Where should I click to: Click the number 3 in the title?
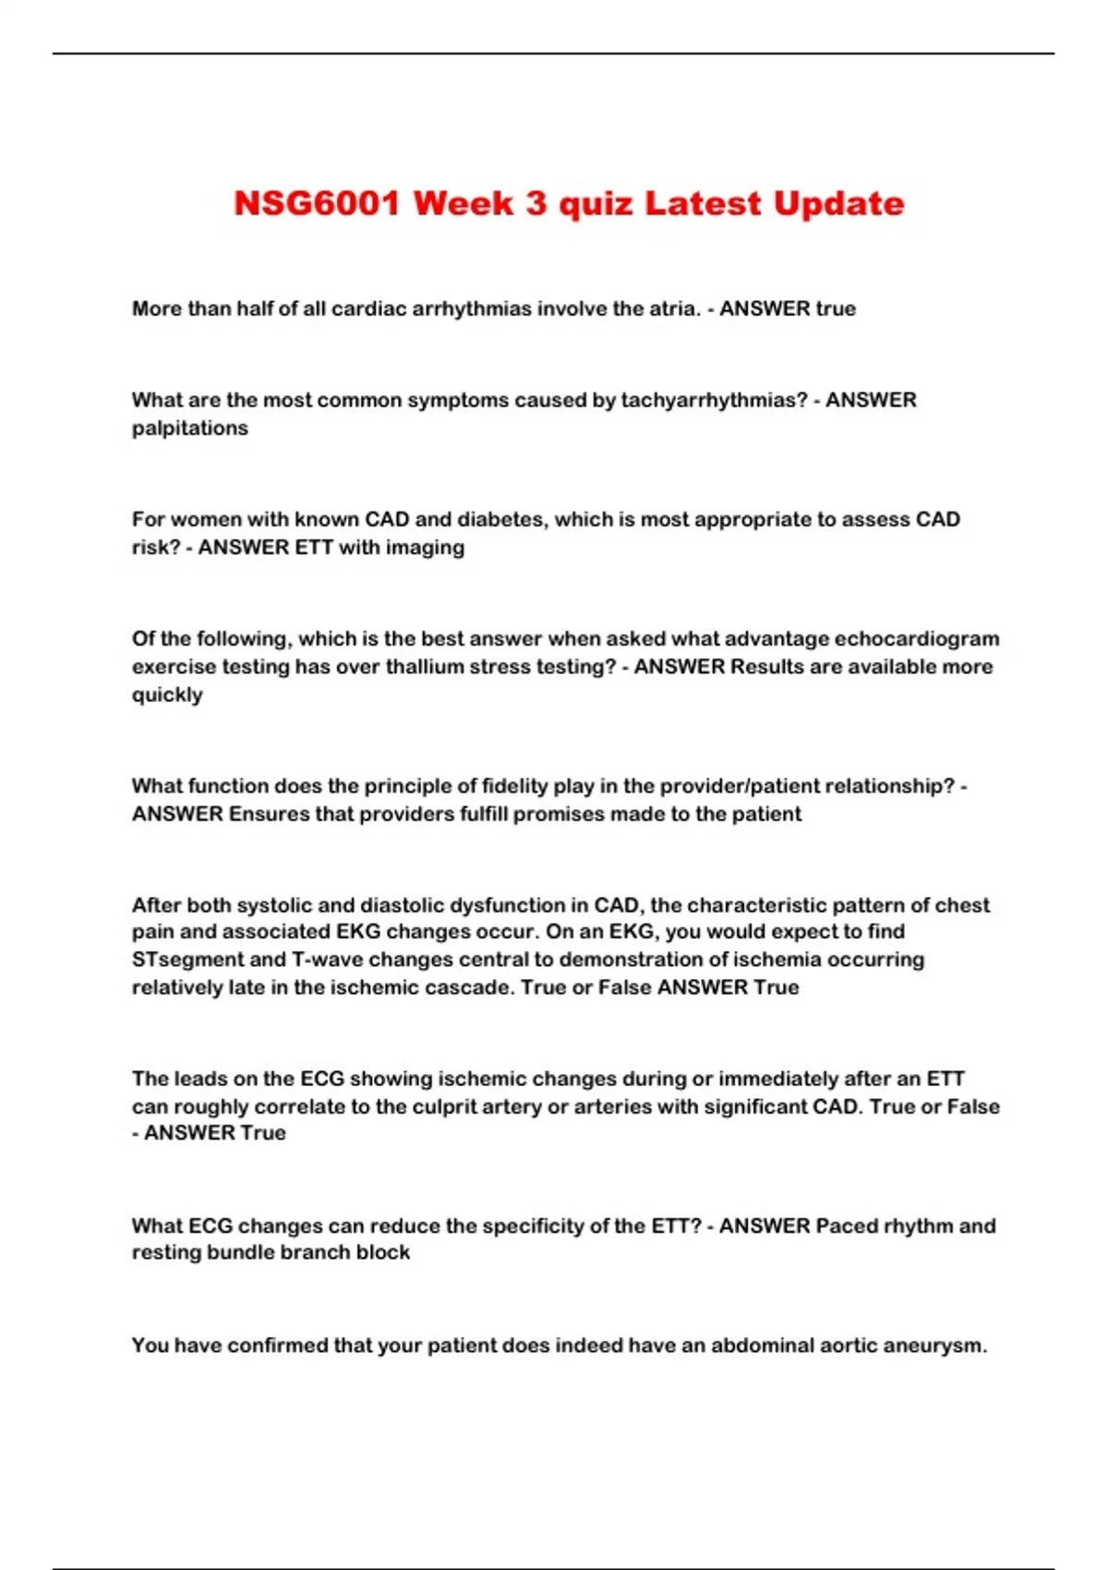(536, 203)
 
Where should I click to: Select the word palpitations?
(189, 428)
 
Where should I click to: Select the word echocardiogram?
(917, 638)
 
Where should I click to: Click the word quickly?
(167, 694)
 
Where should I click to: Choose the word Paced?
(847, 1226)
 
